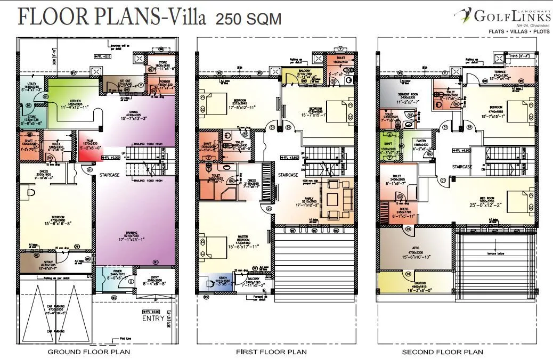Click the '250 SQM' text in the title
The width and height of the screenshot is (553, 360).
[248, 20]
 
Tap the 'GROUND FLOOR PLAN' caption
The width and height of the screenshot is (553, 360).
[89, 352]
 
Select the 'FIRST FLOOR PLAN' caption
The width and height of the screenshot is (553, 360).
[271, 352]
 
